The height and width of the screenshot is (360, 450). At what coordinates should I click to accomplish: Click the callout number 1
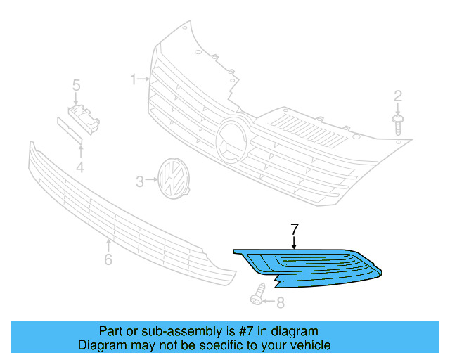point(132,79)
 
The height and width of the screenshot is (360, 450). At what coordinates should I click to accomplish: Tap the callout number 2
point(398,96)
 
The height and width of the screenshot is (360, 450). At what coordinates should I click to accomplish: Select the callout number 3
point(139,182)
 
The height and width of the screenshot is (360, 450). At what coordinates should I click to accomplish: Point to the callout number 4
point(80,167)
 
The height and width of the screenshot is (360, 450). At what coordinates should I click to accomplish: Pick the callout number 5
point(76,86)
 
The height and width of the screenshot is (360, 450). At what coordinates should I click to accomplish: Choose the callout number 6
point(108,261)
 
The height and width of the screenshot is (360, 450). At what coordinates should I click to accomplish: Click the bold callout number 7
point(295,229)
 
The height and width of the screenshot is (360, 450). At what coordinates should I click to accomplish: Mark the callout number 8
point(281,303)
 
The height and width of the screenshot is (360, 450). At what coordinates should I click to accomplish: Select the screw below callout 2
point(399,124)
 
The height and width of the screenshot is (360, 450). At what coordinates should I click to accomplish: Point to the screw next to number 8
point(259,295)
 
